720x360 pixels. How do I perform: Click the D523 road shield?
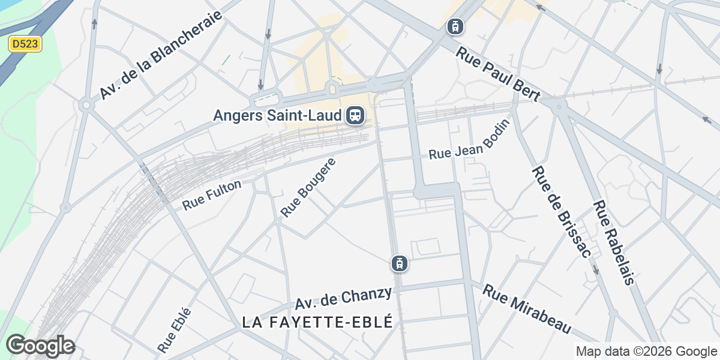[25, 44]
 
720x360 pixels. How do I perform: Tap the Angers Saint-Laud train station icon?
[356, 115]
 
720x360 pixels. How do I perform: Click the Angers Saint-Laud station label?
[278, 115]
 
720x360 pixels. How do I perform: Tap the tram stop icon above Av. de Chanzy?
[399, 263]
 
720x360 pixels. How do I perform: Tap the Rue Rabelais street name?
[613, 241]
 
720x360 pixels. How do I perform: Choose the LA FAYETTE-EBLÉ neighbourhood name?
[317, 322]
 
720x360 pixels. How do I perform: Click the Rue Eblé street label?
[175, 329]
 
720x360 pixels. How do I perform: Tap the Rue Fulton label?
[212, 195]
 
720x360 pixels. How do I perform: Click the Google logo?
[40, 346]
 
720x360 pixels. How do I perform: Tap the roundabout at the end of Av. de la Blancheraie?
[86, 106]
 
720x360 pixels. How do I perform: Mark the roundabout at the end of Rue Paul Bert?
[559, 107]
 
